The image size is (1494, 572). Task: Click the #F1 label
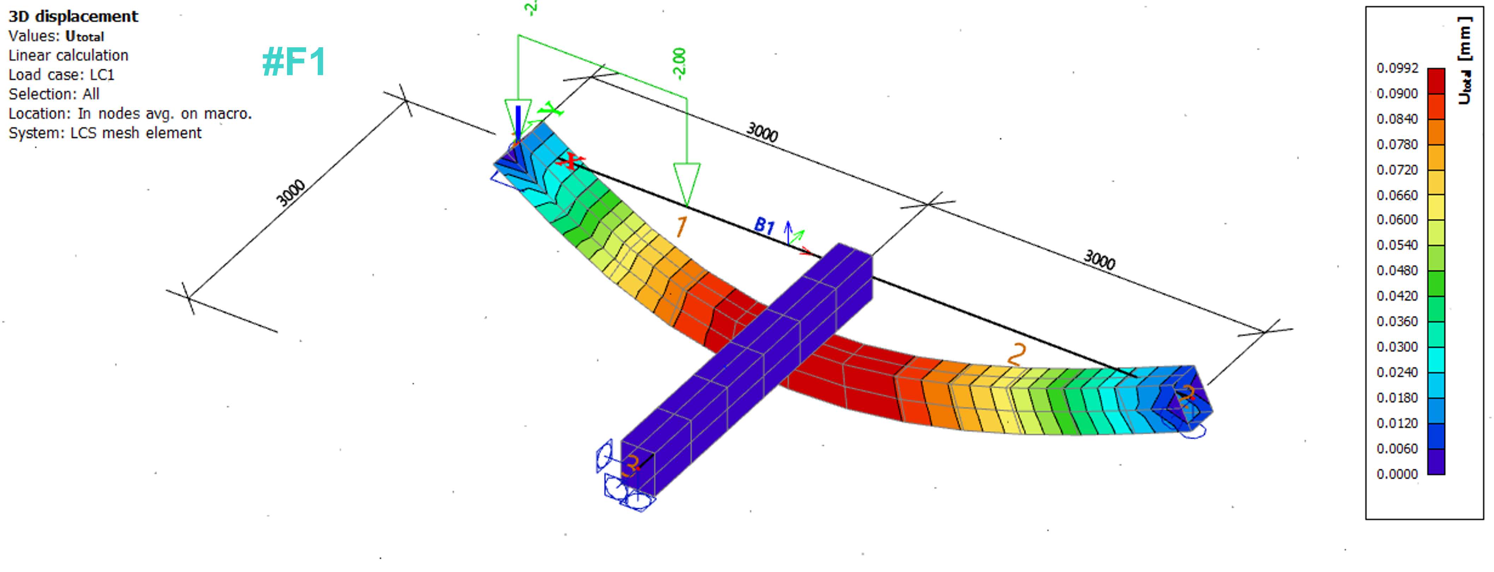[x=293, y=62]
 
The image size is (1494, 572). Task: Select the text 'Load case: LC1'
[x=61, y=75]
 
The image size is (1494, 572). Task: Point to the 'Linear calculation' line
[x=68, y=56]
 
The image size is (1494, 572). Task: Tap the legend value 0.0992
[x=1397, y=68]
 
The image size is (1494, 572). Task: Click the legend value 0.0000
[x=1397, y=474]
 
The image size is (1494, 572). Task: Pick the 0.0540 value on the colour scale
[x=1397, y=245]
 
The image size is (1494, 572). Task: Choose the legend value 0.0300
[x=1397, y=347]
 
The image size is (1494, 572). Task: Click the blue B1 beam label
[x=764, y=225]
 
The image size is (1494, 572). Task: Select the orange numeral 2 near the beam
[x=1017, y=353]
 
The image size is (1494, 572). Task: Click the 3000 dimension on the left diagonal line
[x=290, y=193]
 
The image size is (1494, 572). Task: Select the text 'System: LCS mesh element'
[x=105, y=133]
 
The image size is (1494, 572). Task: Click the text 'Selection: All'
[x=54, y=95]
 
